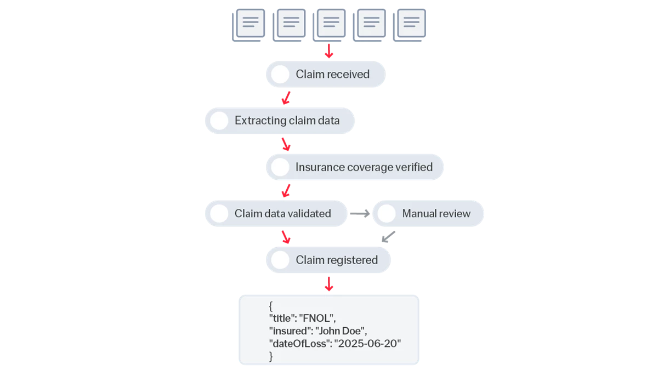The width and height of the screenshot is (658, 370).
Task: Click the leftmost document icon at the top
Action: (x=250, y=23)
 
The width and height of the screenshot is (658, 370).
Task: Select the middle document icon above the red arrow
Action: (x=330, y=23)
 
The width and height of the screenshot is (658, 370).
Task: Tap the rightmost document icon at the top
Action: (x=411, y=23)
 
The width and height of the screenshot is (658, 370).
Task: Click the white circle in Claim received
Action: (x=280, y=74)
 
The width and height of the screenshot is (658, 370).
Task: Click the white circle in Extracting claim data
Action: (x=219, y=121)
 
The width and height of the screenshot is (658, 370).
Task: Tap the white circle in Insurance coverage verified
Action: (x=280, y=167)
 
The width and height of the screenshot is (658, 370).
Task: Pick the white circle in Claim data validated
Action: (x=219, y=213)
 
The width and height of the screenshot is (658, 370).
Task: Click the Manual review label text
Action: (x=436, y=213)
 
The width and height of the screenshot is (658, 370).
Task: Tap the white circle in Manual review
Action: (x=388, y=213)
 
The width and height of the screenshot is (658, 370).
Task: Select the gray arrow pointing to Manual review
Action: (x=360, y=213)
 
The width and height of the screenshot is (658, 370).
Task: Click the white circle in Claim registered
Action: (x=280, y=260)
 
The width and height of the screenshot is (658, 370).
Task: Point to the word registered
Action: (x=351, y=260)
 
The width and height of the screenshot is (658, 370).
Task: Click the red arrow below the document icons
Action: (x=329, y=52)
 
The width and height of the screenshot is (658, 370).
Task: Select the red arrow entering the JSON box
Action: (x=329, y=285)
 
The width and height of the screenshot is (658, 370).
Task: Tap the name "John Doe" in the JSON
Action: (x=340, y=331)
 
